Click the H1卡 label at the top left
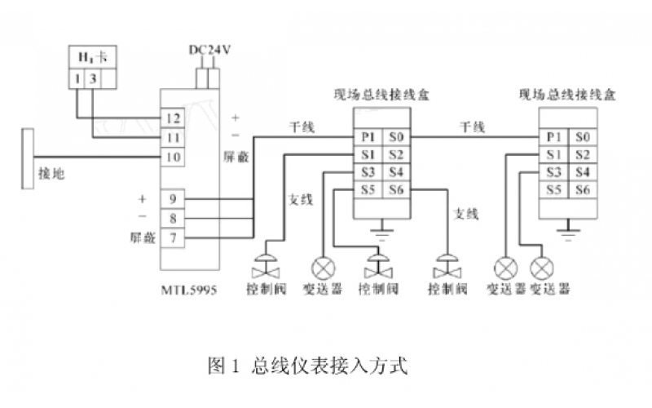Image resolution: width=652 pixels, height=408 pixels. tap(90, 58)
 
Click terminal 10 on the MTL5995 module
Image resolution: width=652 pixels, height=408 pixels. tap(171, 156)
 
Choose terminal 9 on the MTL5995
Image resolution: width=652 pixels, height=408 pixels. tap(171, 198)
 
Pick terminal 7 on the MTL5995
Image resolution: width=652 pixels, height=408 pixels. tap(171, 237)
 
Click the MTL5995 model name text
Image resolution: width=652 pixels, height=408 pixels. tap(188, 289)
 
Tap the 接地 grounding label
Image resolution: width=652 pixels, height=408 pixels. tap(51, 173)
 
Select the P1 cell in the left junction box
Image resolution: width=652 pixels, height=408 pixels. tap(367, 136)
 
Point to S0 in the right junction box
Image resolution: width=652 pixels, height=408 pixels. tap(582, 136)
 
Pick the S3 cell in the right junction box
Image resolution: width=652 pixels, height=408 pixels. tap(554, 171)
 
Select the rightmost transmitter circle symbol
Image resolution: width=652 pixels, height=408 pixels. tap(540, 267)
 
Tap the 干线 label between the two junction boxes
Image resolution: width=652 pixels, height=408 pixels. tap(474, 127)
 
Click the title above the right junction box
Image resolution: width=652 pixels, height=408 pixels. tap(567, 95)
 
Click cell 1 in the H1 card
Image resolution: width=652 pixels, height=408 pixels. tap(77, 78)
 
